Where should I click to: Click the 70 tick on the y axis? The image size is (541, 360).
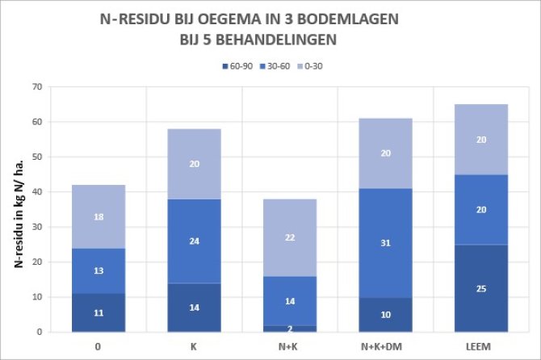coord(36,86)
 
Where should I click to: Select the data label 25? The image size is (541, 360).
coord(482,289)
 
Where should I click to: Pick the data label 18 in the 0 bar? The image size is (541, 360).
coord(98,218)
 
